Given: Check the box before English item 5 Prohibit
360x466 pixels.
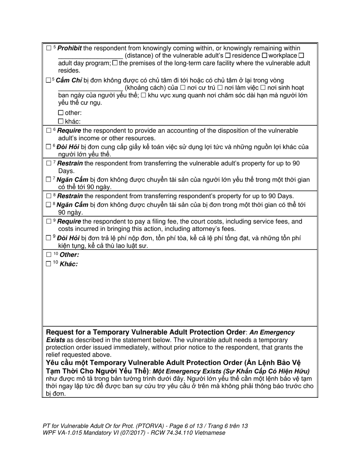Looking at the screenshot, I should (x=49, y=48).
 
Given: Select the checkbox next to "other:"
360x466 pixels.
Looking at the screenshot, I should (x=61, y=113).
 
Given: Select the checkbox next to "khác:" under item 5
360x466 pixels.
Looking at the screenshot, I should (x=61, y=122).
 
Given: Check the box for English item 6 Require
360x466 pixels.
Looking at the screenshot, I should (x=49, y=131).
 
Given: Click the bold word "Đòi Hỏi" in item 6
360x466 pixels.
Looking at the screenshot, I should (x=68, y=147).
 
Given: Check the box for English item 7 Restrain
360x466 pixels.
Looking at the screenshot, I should (x=49, y=163).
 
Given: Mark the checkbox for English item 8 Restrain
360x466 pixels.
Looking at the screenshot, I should (x=49, y=196).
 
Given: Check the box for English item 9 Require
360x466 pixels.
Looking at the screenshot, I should (x=49, y=222).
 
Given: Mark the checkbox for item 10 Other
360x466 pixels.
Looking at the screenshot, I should (x=49, y=255).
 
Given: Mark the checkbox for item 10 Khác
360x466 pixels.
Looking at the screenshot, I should (x=49, y=264).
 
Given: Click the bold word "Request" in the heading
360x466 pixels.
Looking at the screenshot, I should (x=60, y=332).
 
